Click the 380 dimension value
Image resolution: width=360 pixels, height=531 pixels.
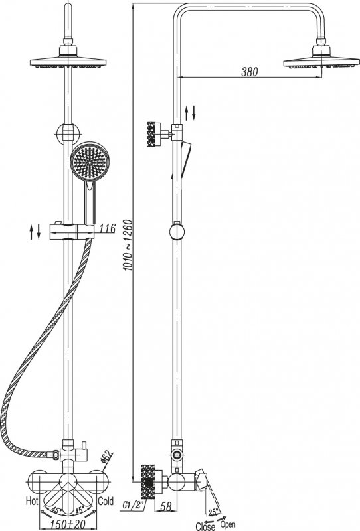coord(250,72)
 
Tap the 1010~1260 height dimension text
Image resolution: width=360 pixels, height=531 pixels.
coord(128,245)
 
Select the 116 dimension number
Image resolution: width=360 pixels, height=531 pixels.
coord(108,228)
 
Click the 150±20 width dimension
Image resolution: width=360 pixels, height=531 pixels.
coord(68,524)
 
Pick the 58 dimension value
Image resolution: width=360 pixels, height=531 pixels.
coord(166,506)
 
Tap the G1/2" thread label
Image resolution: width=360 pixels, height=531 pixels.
coord(134,506)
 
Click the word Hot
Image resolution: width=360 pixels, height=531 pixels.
coord(32,501)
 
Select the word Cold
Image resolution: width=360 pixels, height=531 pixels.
coord(106,501)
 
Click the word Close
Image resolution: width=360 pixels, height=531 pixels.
coord(205,526)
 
